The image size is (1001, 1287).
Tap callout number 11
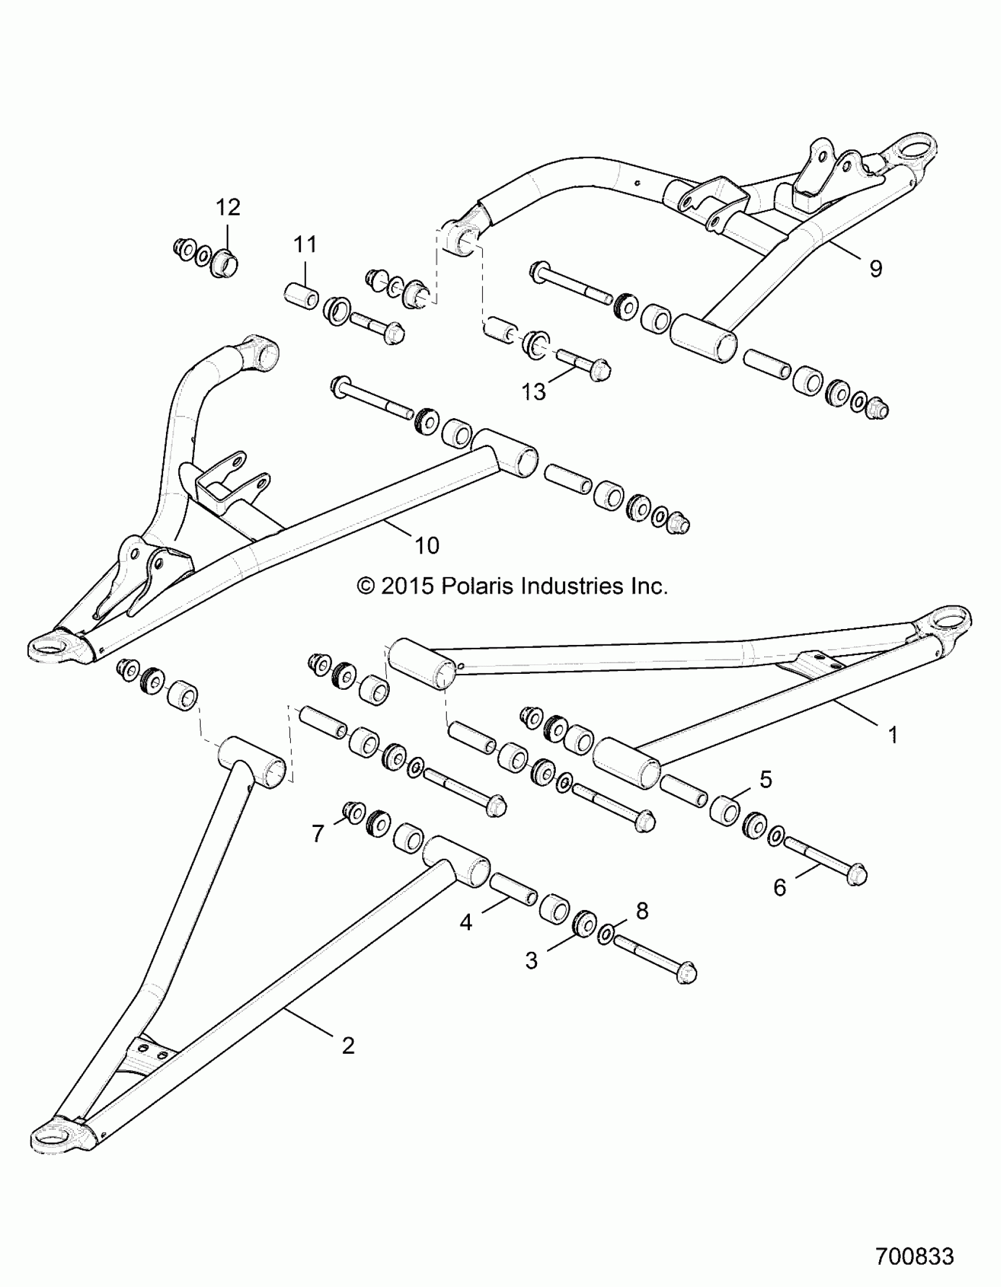pos(305,244)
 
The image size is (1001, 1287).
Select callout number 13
pos(534,392)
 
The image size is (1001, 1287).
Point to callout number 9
pos(876,269)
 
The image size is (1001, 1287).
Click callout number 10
pos(427,545)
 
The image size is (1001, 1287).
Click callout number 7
pos(318,834)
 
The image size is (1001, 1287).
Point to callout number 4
pos(466,922)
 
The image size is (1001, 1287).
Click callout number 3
pos(532,961)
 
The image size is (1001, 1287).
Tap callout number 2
pos(348,1046)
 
